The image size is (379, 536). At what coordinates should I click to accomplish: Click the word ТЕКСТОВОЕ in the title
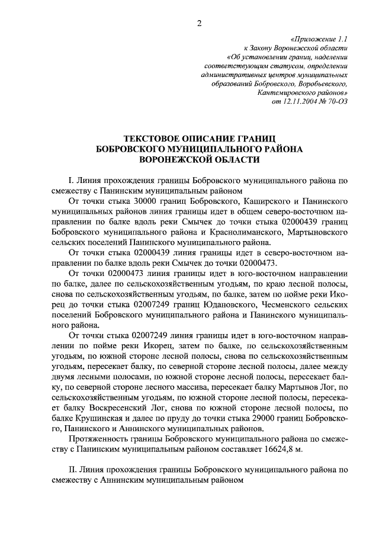[x=146, y=137]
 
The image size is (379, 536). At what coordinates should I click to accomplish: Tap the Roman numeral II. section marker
[x=74, y=469]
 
